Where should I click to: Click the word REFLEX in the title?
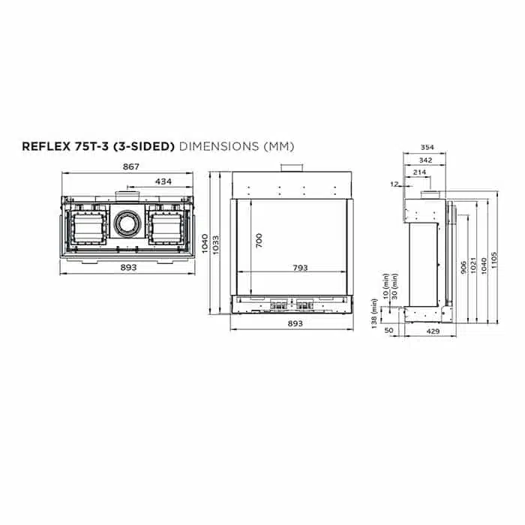46,146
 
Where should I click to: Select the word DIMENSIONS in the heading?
219,146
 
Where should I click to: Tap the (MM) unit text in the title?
278,146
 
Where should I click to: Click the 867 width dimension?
130,166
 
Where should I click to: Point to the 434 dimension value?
163,181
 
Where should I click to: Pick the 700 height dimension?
259,241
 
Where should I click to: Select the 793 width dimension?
300,268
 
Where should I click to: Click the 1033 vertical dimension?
216,245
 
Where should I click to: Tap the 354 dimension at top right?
427,147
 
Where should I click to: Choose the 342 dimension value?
425,160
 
